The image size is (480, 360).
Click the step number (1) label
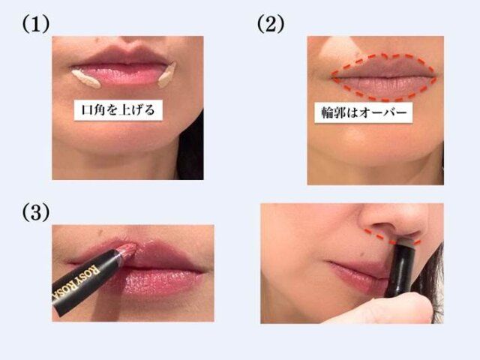(x=35, y=25)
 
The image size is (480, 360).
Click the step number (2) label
(x=271, y=25)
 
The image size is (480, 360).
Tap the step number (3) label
(x=35, y=212)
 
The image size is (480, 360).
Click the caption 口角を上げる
(x=118, y=109)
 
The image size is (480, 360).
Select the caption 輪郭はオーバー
(x=364, y=112)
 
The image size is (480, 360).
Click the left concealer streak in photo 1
(x=86, y=79)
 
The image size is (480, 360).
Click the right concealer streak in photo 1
(x=167, y=75)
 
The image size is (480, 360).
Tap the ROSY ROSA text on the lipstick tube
(x=76, y=282)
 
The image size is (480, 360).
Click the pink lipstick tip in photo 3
(x=128, y=250)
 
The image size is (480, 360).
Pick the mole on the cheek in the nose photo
(x=363, y=254)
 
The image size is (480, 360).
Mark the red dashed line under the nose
(x=391, y=238)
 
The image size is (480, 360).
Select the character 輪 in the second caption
(x=327, y=113)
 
